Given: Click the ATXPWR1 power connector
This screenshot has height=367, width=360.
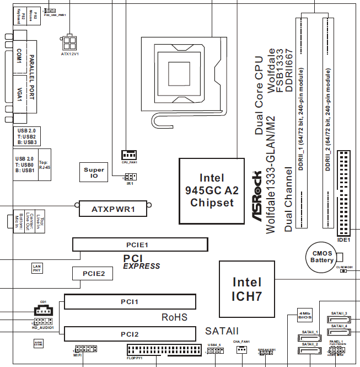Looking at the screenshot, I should click(113, 209).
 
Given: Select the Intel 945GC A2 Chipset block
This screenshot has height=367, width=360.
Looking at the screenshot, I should click(212, 190).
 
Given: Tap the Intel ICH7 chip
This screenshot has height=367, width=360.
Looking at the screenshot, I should click(246, 288).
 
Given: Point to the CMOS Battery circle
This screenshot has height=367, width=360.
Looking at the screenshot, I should click(322, 256).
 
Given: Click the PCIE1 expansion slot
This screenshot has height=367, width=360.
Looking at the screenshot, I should click(140, 244).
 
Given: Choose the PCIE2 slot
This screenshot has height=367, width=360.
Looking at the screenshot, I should click(93, 273).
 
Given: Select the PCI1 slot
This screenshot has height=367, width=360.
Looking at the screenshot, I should click(130, 302).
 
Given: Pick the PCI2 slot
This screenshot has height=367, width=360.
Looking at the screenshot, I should click(130, 334).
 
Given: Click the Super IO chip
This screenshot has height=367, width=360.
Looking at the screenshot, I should click(94, 173).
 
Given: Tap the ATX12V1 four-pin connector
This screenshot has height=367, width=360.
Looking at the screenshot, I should click(69, 42).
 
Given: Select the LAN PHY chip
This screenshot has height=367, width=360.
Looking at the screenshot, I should click(37, 268).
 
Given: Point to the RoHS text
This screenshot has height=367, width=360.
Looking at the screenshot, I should click(174, 317).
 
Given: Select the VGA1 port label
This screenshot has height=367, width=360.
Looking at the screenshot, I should click(19, 94).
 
